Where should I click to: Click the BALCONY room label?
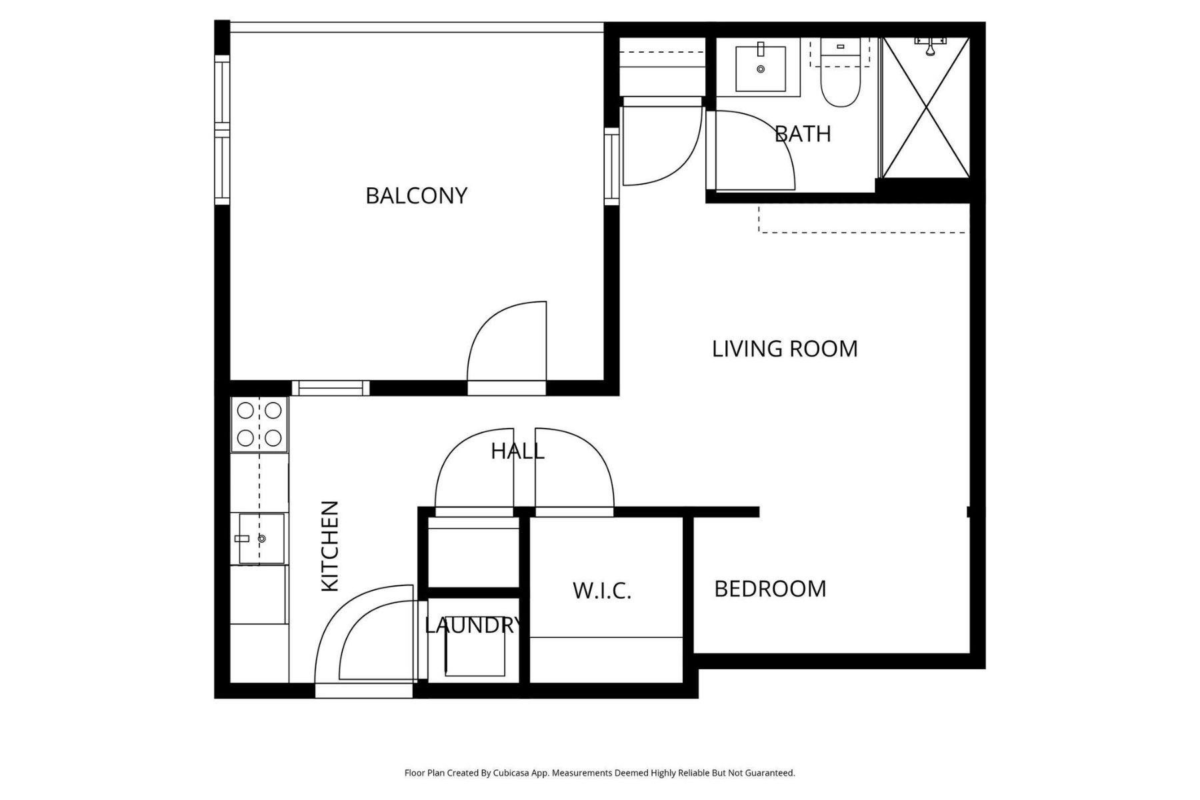(416, 195)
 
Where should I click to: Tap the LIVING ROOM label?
(785, 349)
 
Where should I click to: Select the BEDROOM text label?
(770, 589)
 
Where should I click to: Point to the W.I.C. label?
(602, 591)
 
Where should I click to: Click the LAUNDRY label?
(473, 625)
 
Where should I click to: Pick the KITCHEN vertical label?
(331, 546)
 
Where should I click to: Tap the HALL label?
(517, 451)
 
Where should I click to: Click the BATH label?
(803, 134)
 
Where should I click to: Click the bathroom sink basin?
(760, 67)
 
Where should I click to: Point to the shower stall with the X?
(925, 108)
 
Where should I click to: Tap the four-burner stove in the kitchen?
(259, 424)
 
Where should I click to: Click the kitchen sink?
(261, 538)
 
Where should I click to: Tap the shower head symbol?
(931, 45)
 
